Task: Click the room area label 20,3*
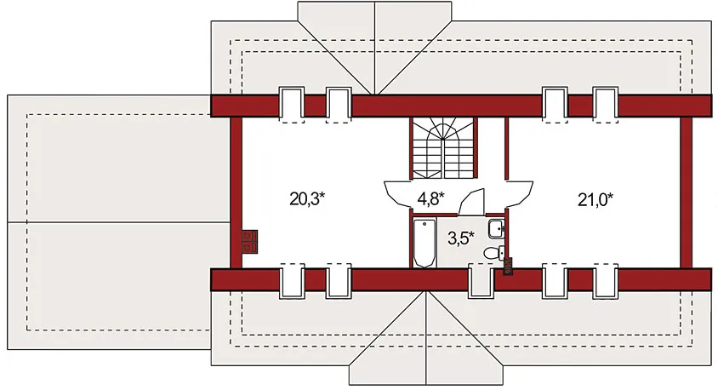click(307, 199)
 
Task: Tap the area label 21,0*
click(595, 199)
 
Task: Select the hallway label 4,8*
click(430, 198)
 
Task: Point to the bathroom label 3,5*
click(460, 238)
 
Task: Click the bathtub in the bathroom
click(424, 243)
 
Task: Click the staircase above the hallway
click(443, 147)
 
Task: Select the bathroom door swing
click(471, 202)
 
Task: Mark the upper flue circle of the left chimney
click(248, 236)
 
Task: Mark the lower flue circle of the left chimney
click(248, 248)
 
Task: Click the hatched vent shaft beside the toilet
click(508, 266)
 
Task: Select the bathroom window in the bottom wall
click(481, 280)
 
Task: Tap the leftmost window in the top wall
click(292, 104)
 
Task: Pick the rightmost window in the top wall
click(606, 104)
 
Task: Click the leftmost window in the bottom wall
click(292, 280)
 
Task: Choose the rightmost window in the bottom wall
click(606, 280)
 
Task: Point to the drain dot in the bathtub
click(425, 224)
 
